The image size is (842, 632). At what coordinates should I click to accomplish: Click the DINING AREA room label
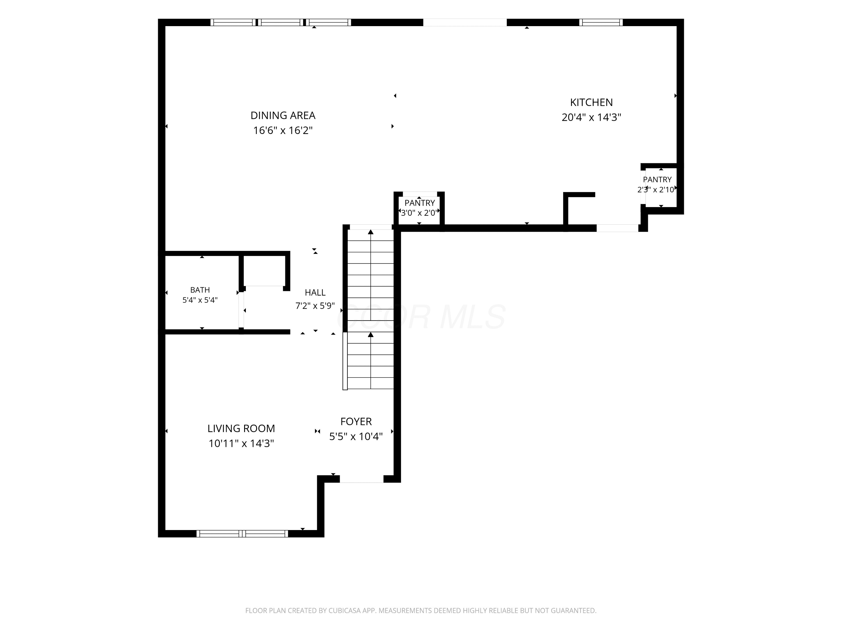283,115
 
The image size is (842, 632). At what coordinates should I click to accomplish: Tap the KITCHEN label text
591,103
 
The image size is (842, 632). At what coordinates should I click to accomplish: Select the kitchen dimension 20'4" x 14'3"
591,117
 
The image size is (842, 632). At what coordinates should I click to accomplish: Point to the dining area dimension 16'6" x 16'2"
283,130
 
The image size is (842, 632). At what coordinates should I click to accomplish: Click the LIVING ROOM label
241,429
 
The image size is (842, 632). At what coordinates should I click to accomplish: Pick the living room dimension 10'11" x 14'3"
241,444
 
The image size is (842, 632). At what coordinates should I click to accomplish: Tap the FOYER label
356,422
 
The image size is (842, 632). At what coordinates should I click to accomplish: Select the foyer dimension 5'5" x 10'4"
356,437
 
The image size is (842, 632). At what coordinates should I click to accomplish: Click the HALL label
315,293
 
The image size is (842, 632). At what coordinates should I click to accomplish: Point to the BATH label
200,290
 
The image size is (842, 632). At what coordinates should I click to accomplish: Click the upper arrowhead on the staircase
371,232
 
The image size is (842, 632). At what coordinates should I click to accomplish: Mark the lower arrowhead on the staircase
371,335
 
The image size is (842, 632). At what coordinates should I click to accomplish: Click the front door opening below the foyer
361,479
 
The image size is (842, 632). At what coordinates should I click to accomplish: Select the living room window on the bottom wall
242,534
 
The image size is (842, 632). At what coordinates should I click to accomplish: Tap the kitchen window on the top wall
601,22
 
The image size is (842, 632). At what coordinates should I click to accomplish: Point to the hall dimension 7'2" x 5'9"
315,306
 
